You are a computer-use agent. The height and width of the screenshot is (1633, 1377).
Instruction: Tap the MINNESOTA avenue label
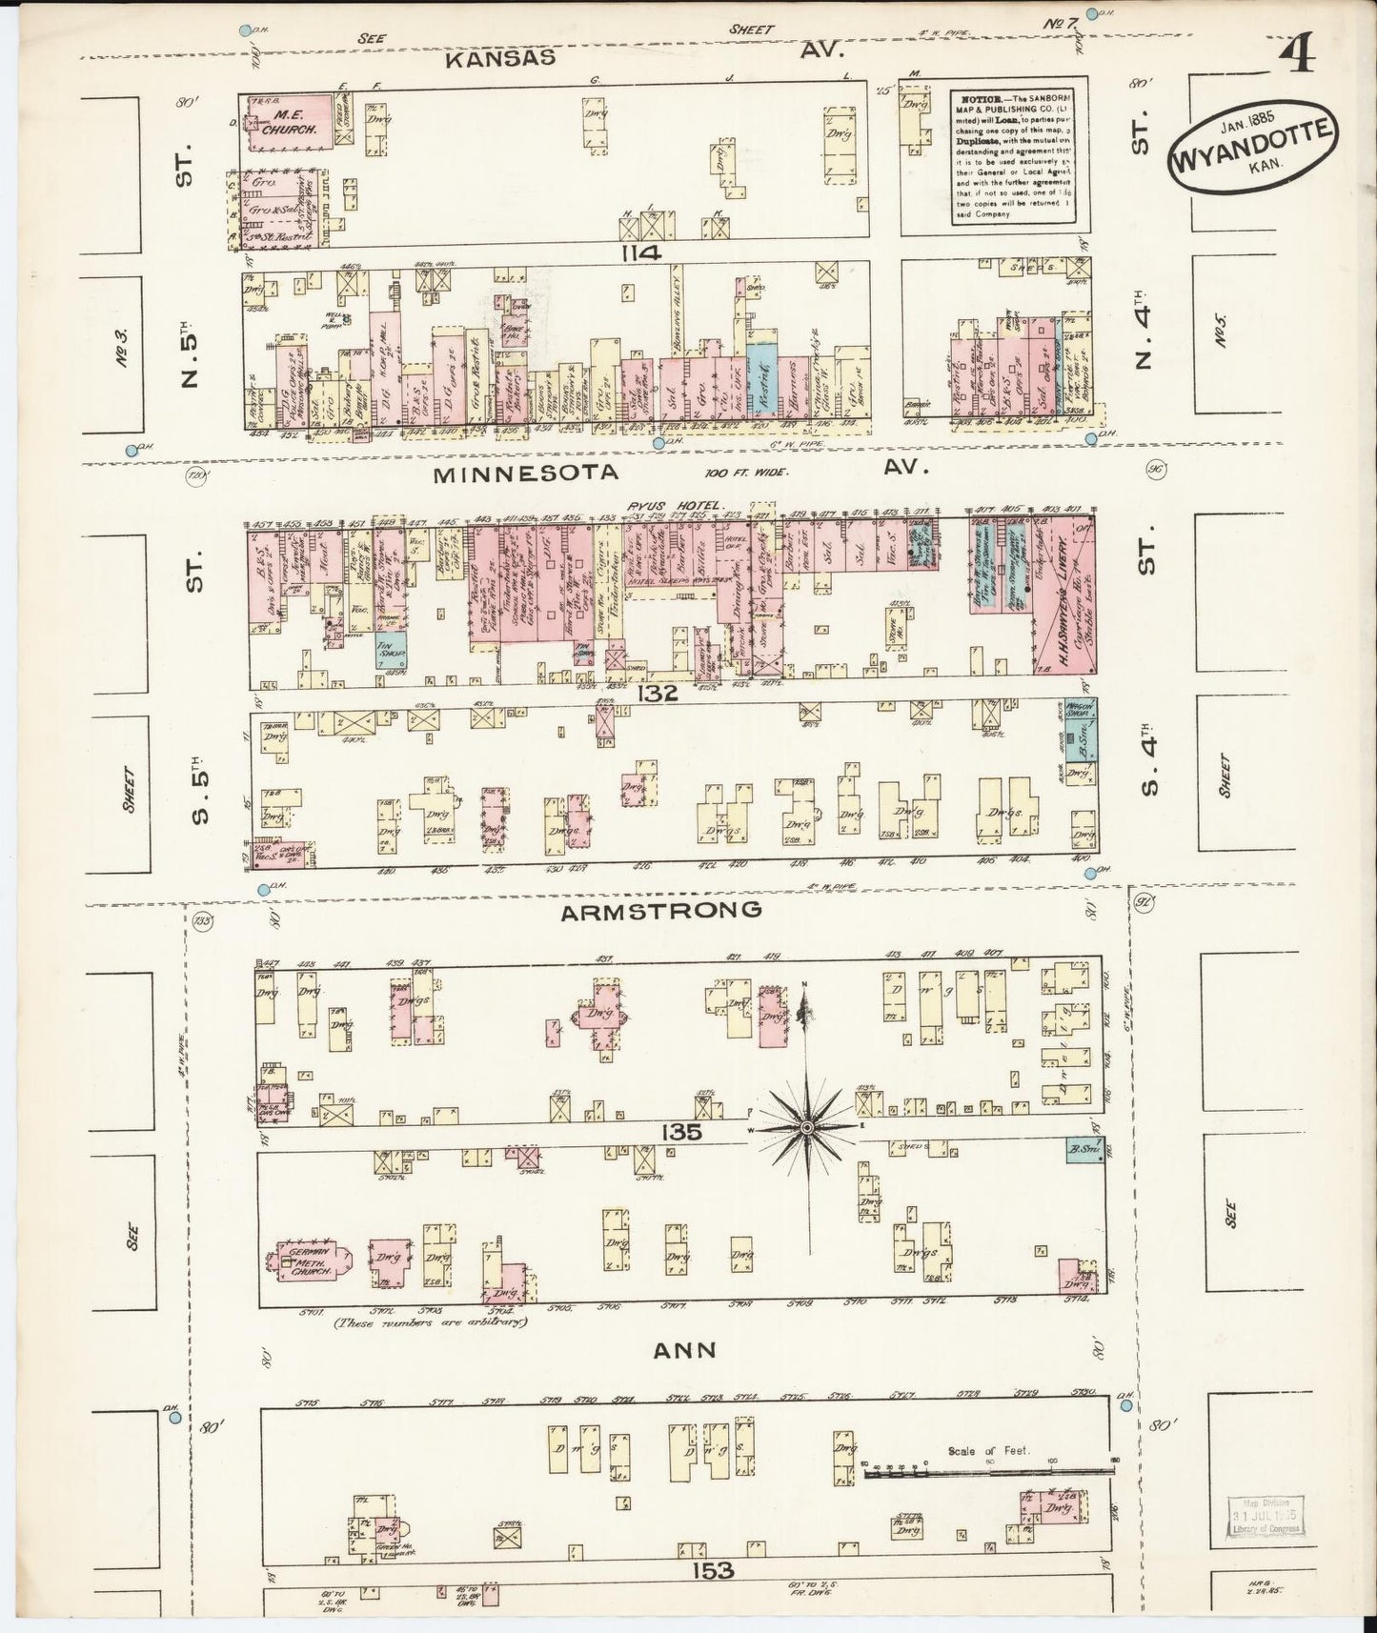click(526, 473)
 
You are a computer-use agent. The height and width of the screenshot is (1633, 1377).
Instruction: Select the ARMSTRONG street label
click(660, 911)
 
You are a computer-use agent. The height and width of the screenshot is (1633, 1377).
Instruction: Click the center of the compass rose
click(807, 1127)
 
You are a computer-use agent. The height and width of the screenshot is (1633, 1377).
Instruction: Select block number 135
click(678, 1133)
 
